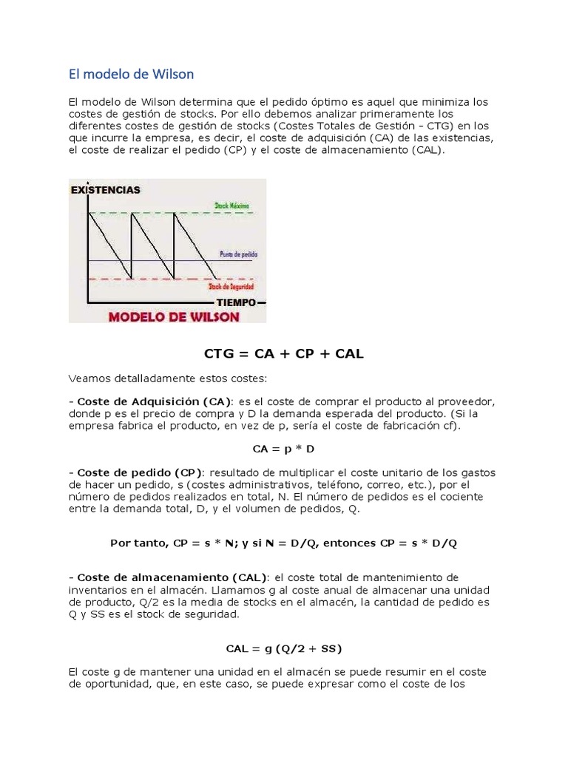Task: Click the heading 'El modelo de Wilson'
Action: coord(131,74)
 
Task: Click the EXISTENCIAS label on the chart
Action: coord(106,190)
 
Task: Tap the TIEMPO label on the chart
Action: coord(236,303)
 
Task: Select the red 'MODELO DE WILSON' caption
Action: coord(175,316)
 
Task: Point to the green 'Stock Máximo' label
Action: coord(231,204)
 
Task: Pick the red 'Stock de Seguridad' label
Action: coord(231,286)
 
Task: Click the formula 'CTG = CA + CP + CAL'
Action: coord(284,354)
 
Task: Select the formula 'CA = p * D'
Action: coord(284,449)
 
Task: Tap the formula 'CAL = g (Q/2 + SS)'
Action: coord(284,648)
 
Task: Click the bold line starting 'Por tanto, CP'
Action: coord(284,543)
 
